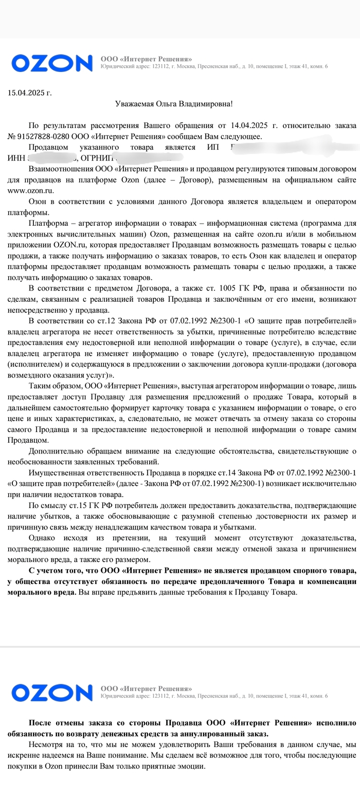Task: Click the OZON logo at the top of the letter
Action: coord(52,63)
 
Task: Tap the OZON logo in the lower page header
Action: coord(52,693)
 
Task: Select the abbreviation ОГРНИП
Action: coord(97,157)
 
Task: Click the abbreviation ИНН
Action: coord(16,157)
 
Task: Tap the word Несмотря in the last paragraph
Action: coord(45,744)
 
